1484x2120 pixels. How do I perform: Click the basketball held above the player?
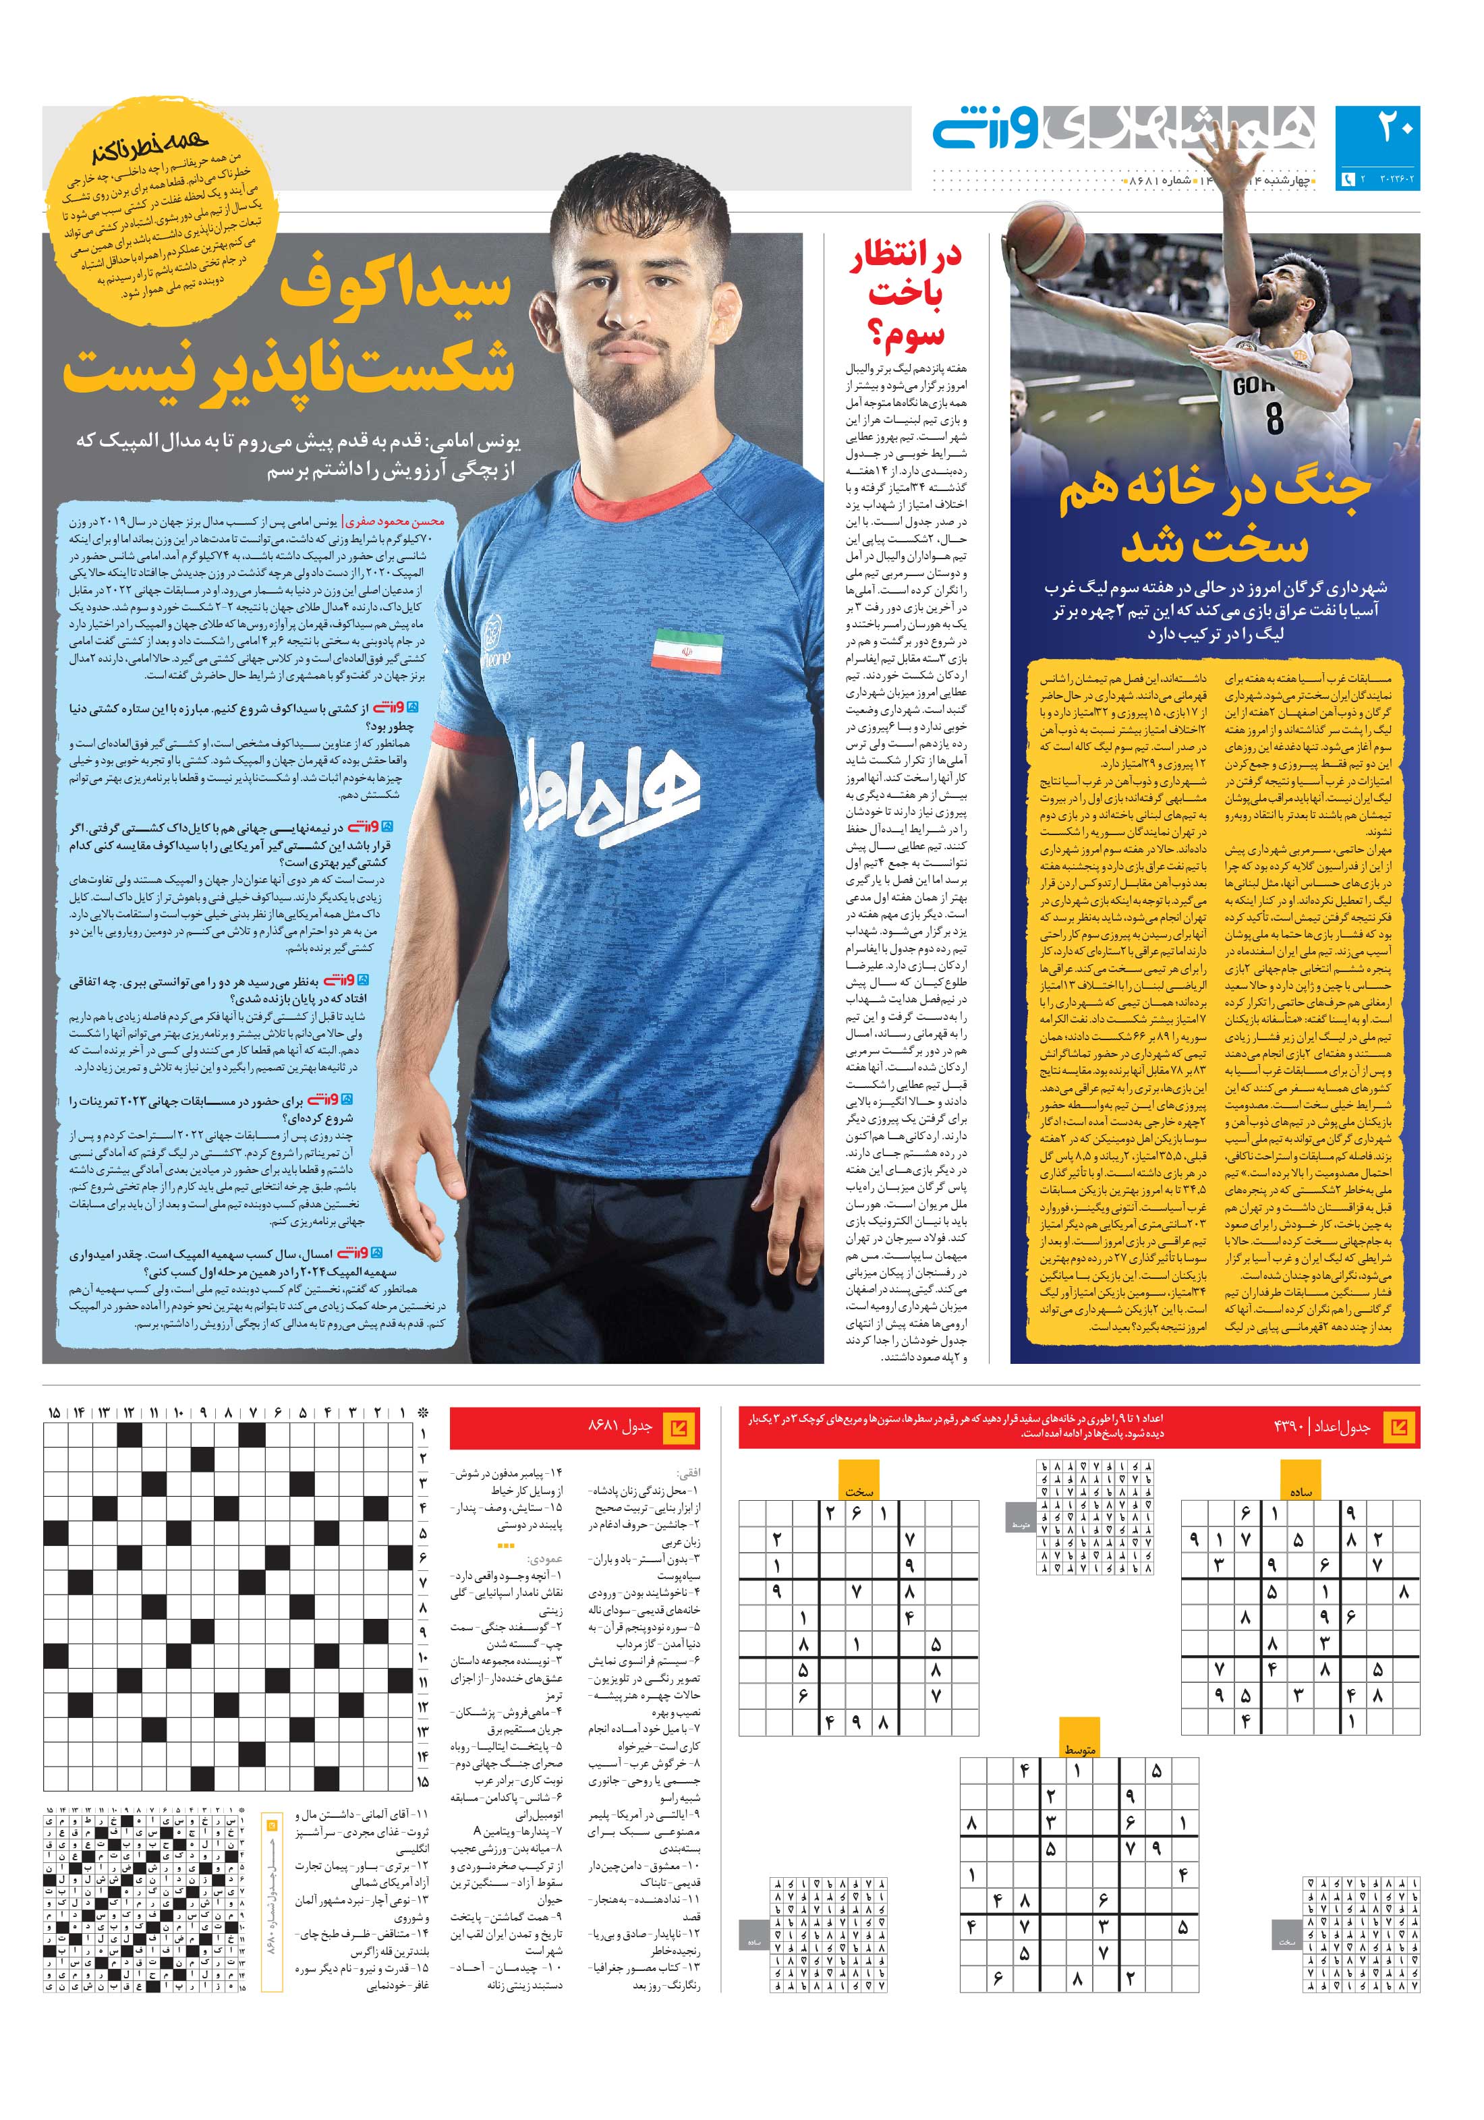tap(1046, 250)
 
